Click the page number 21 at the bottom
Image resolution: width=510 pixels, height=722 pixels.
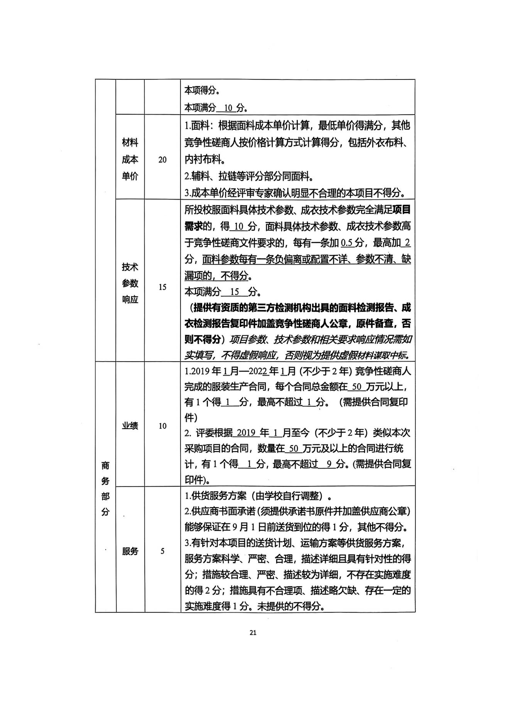[x=253, y=632]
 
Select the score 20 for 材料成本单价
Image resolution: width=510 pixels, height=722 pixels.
[x=162, y=160]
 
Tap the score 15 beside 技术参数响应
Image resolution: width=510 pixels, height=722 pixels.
[x=162, y=287]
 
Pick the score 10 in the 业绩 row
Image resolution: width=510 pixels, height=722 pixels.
[x=162, y=426]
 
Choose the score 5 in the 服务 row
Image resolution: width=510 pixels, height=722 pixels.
[x=162, y=551]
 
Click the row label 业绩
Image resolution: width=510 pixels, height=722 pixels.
[x=130, y=426]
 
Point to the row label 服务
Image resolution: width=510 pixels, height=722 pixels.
[x=130, y=551]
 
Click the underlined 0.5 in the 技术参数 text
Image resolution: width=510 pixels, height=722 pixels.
[x=347, y=243]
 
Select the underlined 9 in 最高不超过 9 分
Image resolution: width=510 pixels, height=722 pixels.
[x=329, y=464]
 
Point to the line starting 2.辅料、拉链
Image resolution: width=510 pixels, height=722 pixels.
[x=249, y=176]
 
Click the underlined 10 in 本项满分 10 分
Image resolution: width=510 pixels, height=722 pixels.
[x=229, y=108]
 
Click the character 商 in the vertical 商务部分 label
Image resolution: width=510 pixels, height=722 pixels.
[x=105, y=465]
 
